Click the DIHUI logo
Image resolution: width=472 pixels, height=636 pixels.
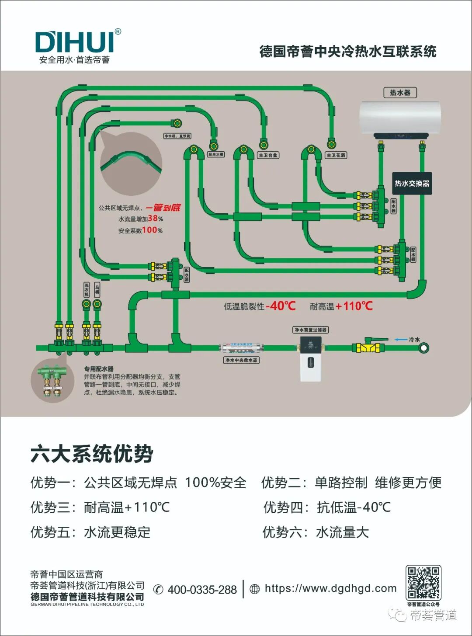74,42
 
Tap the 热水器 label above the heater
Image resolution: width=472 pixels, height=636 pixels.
400,93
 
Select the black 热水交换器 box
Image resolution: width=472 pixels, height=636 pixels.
412,184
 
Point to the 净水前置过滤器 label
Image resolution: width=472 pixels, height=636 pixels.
310,330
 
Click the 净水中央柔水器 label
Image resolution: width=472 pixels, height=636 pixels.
241,360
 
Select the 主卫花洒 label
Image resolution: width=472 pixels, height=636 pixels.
336,155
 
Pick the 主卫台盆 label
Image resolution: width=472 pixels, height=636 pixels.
268,155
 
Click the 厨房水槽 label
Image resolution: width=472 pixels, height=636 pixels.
215,155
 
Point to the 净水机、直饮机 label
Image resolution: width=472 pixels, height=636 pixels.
177,136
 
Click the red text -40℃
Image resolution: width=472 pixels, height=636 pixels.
281,306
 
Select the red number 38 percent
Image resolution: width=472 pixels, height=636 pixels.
155,219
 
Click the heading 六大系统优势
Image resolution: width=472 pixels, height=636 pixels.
92,454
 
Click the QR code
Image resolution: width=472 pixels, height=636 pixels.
423,583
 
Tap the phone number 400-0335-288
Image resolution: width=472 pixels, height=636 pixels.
202,590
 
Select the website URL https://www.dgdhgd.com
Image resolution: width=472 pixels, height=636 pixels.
330,588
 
